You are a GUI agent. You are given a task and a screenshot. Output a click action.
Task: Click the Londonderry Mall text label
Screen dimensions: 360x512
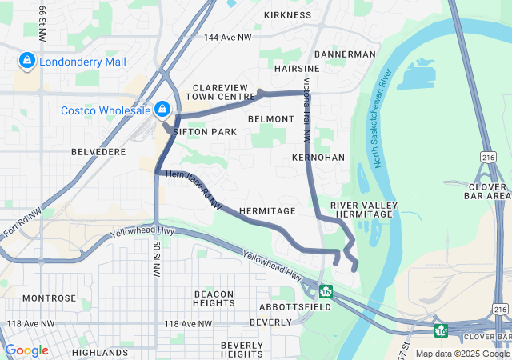tap(82, 61)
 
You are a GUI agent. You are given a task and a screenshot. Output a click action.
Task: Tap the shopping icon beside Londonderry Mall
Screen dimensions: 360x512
tap(26, 61)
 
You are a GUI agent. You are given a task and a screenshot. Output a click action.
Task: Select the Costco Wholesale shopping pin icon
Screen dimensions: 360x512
tap(162, 108)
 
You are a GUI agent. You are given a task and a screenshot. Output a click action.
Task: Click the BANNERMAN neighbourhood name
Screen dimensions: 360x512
tap(345, 54)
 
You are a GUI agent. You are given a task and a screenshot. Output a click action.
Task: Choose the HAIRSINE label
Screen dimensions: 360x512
tap(297, 70)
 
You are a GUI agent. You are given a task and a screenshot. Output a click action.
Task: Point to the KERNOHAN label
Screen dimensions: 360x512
tap(318, 158)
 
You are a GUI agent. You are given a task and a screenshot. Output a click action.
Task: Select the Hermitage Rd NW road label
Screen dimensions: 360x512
tap(193, 190)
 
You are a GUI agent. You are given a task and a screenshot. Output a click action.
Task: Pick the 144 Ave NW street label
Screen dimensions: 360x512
tap(227, 38)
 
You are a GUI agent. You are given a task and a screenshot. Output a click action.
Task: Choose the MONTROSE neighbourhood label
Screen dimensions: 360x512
tap(49, 298)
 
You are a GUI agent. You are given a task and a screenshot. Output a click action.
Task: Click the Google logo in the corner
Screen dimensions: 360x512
tap(26, 350)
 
